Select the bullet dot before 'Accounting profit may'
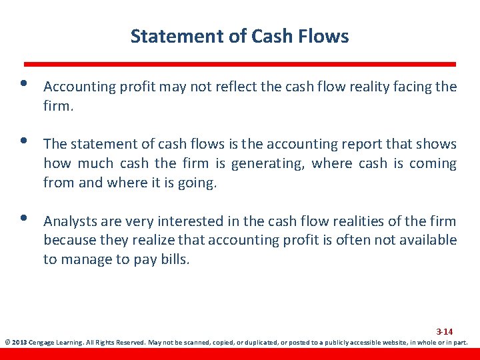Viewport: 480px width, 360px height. [24, 85]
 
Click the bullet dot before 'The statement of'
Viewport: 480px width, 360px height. [24, 142]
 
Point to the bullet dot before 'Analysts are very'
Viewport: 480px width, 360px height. [24, 219]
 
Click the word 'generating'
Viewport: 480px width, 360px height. [267, 163]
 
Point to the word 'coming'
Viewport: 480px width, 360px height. [433, 163]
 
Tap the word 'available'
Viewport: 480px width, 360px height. [427, 240]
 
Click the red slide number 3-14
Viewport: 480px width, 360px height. [445, 331]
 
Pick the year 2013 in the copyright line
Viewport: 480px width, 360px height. [19, 343]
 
